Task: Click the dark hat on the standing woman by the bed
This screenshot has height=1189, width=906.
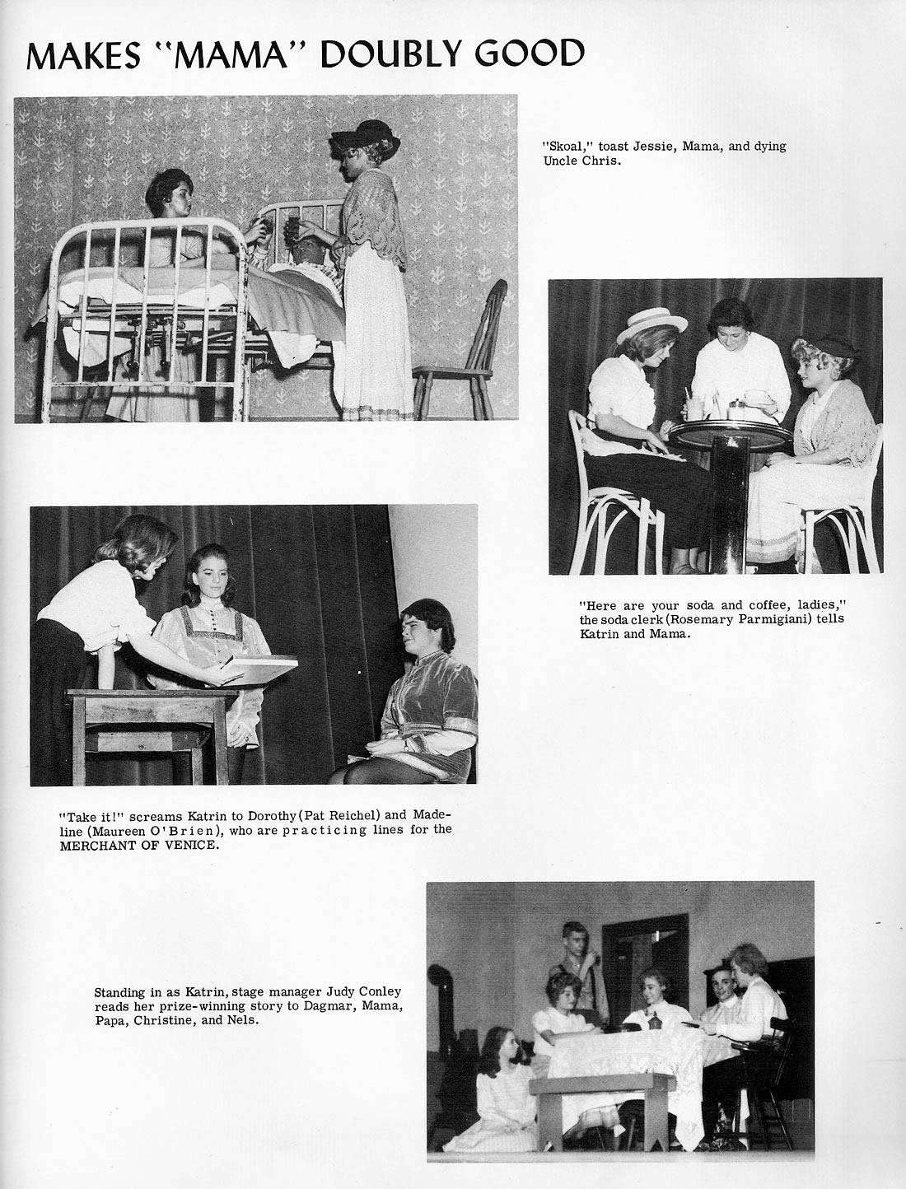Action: (x=365, y=133)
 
